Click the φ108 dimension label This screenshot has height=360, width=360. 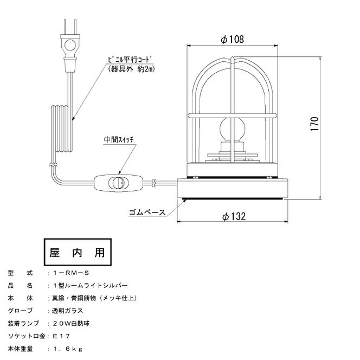pyautogui.click(x=232, y=40)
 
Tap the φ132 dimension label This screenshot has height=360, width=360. pyautogui.click(x=234, y=216)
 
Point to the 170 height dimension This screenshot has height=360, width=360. pyautogui.click(x=315, y=124)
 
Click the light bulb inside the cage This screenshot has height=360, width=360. pyautogui.click(x=233, y=130)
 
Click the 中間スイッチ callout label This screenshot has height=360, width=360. pyautogui.click(x=119, y=139)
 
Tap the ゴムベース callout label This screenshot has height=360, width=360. pyautogui.click(x=147, y=212)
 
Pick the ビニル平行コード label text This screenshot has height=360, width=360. pyautogui.click(x=130, y=60)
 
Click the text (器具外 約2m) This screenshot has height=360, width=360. pyautogui.click(x=131, y=69)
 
